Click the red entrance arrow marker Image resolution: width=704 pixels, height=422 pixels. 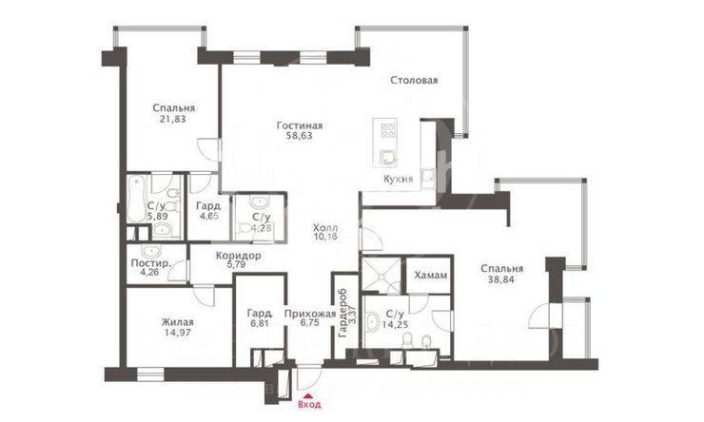click(x=305, y=394)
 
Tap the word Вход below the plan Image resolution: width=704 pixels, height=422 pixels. click(x=305, y=405)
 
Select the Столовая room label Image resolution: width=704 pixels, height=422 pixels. click(x=414, y=81)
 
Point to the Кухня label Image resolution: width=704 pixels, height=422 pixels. click(x=398, y=179)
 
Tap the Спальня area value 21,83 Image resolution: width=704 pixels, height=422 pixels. click(x=173, y=120)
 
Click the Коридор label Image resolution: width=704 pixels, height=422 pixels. click(x=238, y=256)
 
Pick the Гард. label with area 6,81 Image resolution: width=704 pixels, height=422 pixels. click(x=259, y=311)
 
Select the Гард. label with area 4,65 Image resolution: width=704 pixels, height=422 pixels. click(x=208, y=206)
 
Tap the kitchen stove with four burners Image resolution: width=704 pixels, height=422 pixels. click(x=388, y=130)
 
